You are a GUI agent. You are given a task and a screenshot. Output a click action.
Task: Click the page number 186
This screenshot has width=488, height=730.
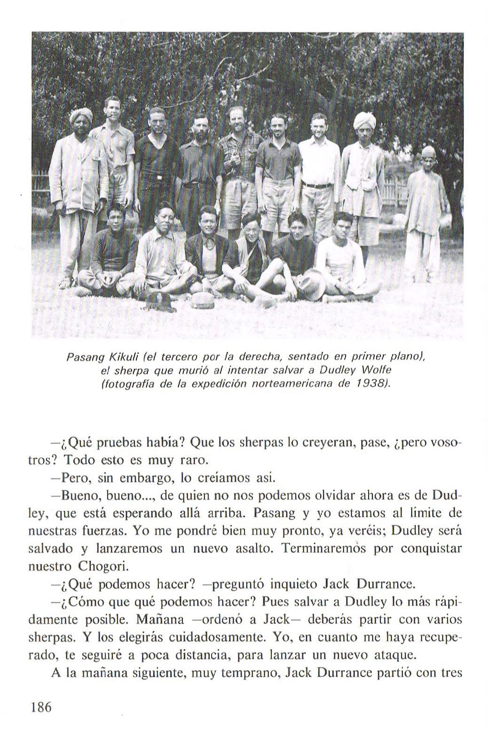pos(40,707)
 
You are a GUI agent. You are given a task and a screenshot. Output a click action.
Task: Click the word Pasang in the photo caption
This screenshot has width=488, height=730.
pos(83,358)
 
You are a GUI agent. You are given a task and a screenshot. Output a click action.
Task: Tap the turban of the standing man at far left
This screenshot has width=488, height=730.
pos(81,114)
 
